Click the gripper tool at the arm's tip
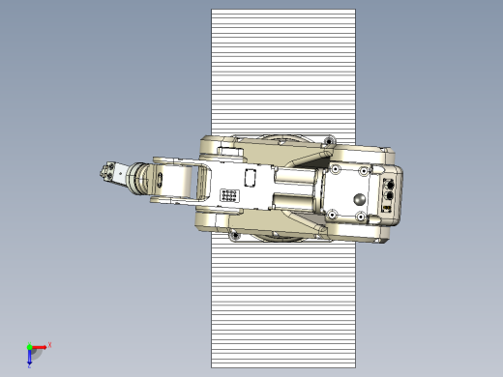coord(107,175)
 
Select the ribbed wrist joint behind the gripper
coord(143,178)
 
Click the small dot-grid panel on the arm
coord(230,195)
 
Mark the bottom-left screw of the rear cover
coord(333,214)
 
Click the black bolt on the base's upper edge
coord(330,142)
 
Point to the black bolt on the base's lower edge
coord(234,234)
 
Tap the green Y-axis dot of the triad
coord(29,346)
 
